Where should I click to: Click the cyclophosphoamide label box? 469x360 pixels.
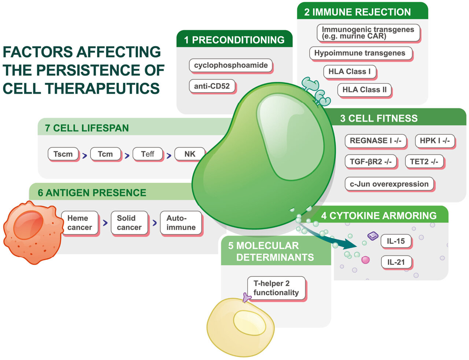[x=231, y=65]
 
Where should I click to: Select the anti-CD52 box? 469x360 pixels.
[x=212, y=86]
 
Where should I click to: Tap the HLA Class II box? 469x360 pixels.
[x=364, y=90]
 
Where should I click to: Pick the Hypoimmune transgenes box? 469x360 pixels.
[x=360, y=53]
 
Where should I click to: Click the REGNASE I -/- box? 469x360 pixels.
[x=376, y=141]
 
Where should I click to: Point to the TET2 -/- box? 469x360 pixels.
[x=424, y=162]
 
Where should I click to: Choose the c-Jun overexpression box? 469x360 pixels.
[x=389, y=184]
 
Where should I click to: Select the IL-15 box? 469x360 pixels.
[x=396, y=241]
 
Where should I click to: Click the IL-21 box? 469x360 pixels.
[x=396, y=262]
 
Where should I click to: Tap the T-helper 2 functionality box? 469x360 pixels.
[x=276, y=288]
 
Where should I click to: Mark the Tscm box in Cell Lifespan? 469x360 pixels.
[x=63, y=154]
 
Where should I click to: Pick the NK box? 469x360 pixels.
[x=190, y=154]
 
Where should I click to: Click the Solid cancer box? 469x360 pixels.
[x=129, y=223]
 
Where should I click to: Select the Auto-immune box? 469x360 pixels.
[x=181, y=223]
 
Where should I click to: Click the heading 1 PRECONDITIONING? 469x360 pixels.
[x=234, y=40]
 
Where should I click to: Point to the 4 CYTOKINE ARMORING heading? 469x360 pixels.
[x=379, y=215]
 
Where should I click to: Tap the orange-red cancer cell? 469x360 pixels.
[x=31, y=233]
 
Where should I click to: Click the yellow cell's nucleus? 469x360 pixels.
[x=250, y=322]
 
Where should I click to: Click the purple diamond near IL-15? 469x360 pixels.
[x=373, y=236]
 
